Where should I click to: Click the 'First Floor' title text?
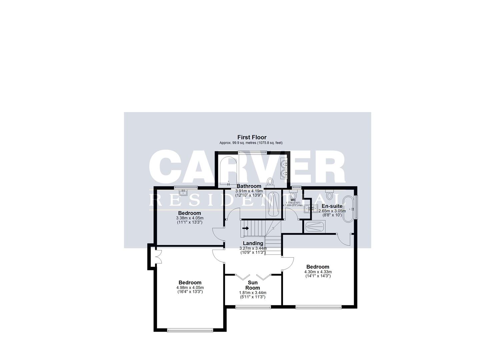click(252, 137)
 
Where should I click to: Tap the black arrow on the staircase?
click(246, 228)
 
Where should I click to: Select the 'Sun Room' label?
click(253, 285)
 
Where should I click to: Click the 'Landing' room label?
click(253, 243)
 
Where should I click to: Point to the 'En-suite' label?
click(332, 206)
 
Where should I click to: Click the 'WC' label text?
click(293, 200)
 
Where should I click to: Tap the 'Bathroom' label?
click(249, 186)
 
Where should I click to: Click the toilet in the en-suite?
click(330, 195)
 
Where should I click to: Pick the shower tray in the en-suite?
click(314, 227)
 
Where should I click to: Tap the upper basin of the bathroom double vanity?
click(284, 164)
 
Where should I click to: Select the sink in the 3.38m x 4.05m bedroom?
click(183, 192)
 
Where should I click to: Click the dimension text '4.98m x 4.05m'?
click(190, 287)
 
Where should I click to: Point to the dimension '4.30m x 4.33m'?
click(318, 272)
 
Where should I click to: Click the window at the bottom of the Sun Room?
click(253, 307)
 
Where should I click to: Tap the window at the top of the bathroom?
click(252, 152)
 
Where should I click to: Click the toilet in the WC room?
click(293, 194)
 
